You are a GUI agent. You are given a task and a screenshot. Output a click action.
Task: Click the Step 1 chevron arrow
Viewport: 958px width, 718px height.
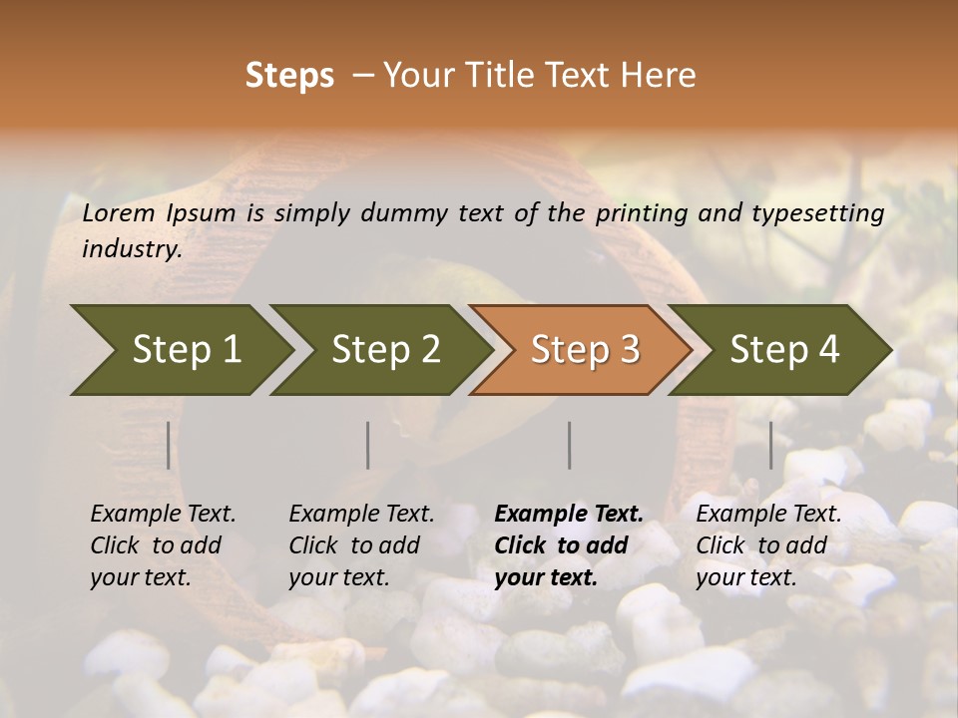coord(185,349)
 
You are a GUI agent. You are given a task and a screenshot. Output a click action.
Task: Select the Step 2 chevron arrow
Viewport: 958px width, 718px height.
coord(384,349)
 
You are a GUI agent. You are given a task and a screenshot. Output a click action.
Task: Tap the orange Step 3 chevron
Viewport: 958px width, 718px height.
coord(584,349)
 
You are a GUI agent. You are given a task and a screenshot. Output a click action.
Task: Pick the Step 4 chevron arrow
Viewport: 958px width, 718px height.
coord(783,349)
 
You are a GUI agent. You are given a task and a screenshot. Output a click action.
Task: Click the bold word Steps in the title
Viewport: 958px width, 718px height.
coord(289,76)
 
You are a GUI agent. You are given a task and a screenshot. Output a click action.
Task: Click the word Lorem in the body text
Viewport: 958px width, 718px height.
coord(118,212)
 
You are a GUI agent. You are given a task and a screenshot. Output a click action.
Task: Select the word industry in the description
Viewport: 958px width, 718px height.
coord(132,249)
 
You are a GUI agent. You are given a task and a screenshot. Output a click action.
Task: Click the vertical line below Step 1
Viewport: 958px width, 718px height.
coord(169,445)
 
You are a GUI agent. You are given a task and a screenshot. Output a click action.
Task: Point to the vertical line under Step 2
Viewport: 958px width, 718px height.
coord(368,445)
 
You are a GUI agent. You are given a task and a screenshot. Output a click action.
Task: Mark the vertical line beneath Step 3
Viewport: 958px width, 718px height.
coord(570,445)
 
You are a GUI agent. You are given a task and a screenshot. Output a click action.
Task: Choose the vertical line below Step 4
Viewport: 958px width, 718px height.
coord(771,445)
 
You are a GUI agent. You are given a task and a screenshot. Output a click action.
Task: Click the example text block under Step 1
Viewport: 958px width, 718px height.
coord(163,545)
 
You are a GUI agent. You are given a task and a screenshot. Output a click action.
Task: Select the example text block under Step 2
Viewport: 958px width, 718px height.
coord(361,545)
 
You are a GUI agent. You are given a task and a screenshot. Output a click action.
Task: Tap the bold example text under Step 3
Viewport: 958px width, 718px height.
coord(568,545)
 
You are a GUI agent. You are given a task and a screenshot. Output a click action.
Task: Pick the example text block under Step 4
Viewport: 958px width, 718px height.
coord(768,545)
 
